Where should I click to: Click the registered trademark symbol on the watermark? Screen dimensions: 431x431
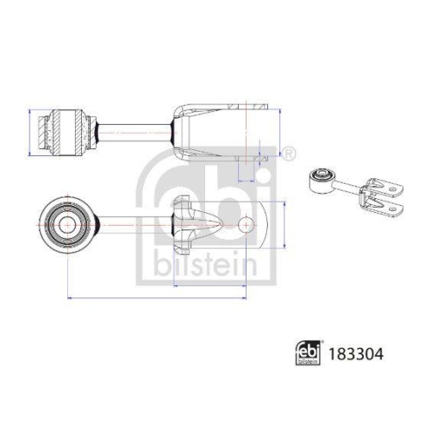click(x=288, y=153)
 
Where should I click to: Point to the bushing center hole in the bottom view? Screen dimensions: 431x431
click(x=66, y=225)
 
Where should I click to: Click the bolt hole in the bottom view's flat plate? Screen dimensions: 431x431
click(x=247, y=225)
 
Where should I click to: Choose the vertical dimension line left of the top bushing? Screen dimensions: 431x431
click(x=30, y=130)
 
